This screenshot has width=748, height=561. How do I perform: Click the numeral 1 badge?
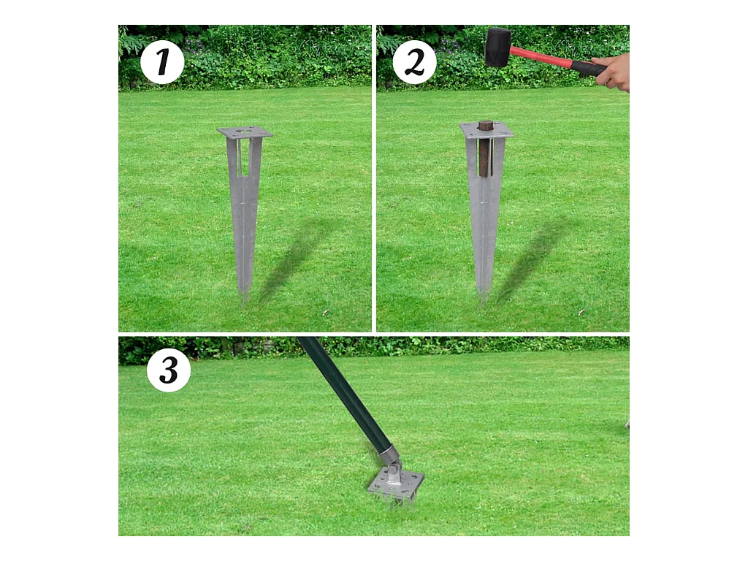click(162, 63)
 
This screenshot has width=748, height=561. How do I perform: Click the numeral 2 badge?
click(415, 63)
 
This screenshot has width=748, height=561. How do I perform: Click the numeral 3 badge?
click(169, 370)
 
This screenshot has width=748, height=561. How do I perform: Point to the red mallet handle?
click(540, 56)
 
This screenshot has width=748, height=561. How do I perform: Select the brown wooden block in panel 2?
click(486, 148)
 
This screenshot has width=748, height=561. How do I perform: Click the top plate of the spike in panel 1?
click(245, 132)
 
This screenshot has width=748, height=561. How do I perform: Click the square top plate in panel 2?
click(486, 130)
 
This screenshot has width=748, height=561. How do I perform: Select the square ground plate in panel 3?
click(396, 484)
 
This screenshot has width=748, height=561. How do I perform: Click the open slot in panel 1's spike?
click(244, 158)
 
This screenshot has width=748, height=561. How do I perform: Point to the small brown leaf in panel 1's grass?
click(326, 313)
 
